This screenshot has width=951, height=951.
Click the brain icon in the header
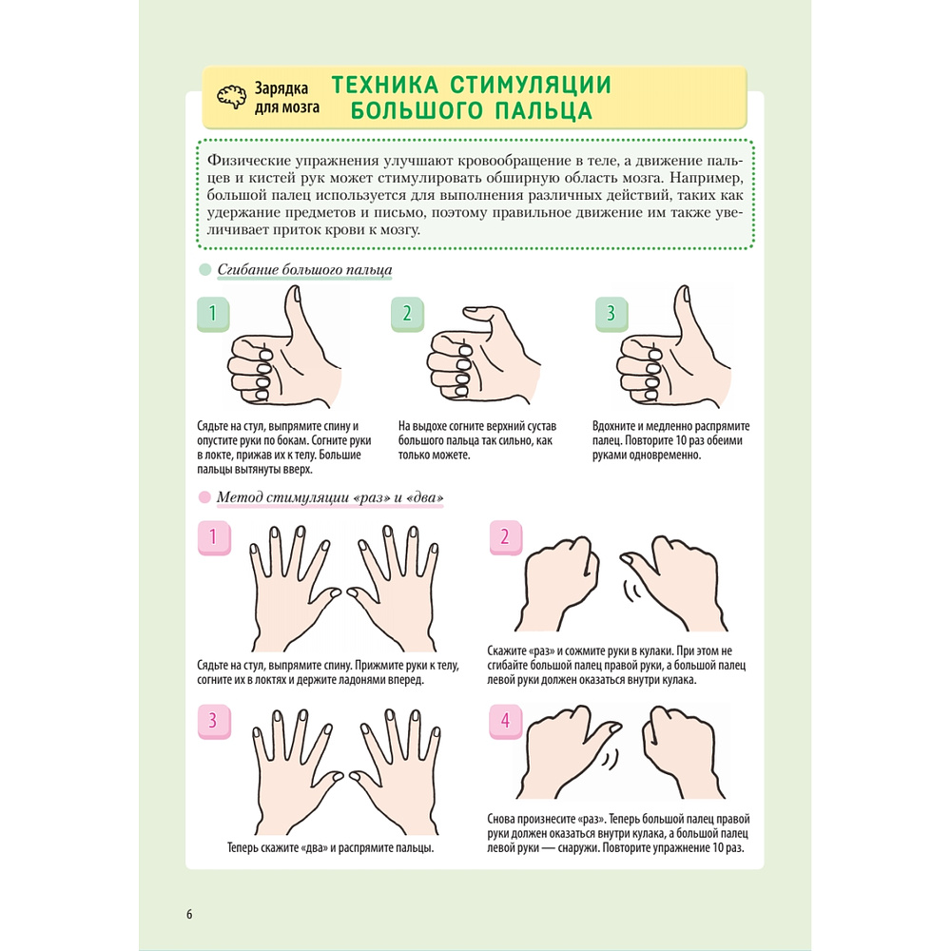[x=232, y=96]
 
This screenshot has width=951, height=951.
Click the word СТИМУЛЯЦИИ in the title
[x=531, y=85]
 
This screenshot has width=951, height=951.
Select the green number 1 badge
[x=213, y=314]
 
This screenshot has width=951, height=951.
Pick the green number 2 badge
[x=407, y=314]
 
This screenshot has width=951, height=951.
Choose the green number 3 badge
[x=611, y=314]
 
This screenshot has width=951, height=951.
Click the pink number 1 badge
[x=214, y=537]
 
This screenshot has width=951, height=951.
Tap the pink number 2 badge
[x=505, y=537]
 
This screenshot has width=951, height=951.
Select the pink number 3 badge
[x=214, y=722]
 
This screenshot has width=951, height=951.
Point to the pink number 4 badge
[x=505, y=722]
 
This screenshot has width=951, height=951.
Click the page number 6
[x=189, y=914]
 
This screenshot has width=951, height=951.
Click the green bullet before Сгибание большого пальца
[x=205, y=269]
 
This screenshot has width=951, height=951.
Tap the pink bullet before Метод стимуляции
[x=205, y=497]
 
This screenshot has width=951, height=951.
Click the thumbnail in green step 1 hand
[x=297, y=294]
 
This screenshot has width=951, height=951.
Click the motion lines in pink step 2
[x=632, y=591]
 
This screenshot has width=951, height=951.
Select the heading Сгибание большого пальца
[x=304, y=270]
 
